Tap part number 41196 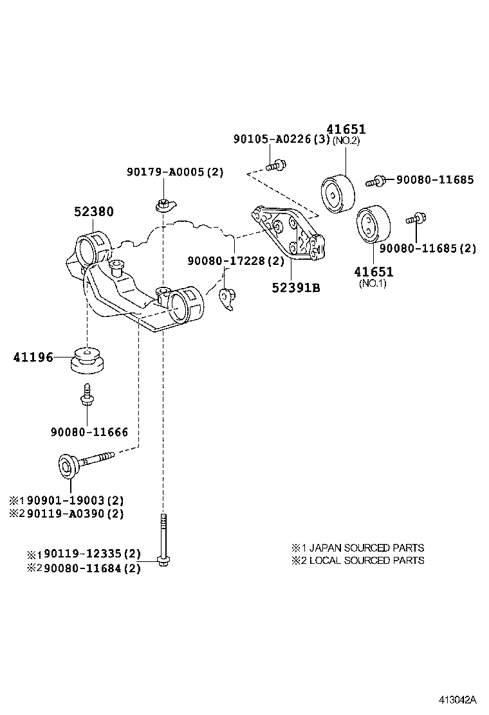33,357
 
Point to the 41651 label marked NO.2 345,130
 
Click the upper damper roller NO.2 338,192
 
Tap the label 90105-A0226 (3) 281,139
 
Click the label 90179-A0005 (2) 174,172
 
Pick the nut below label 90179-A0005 163,205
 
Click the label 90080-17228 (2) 235,261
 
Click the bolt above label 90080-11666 85,395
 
